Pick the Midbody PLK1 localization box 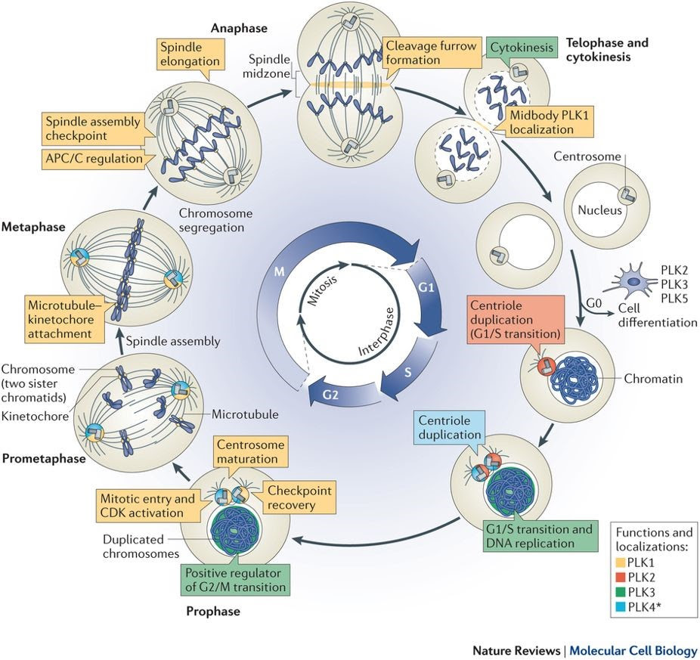coord(540,122)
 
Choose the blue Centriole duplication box coord(451,427)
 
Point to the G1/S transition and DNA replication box coord(539,536)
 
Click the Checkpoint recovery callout coord(299,497)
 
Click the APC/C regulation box coord(83,160)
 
